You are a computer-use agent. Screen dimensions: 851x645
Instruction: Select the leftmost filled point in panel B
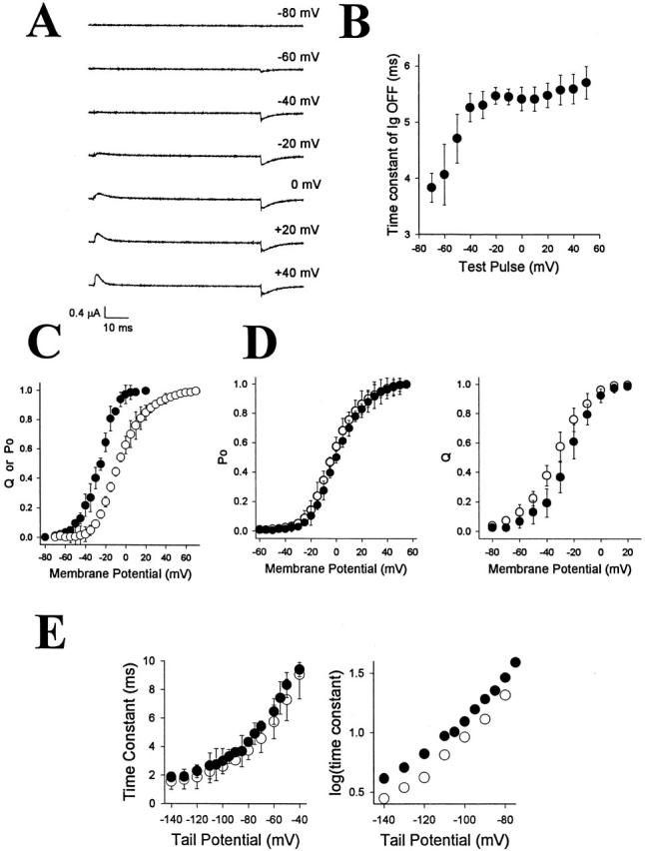431,187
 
